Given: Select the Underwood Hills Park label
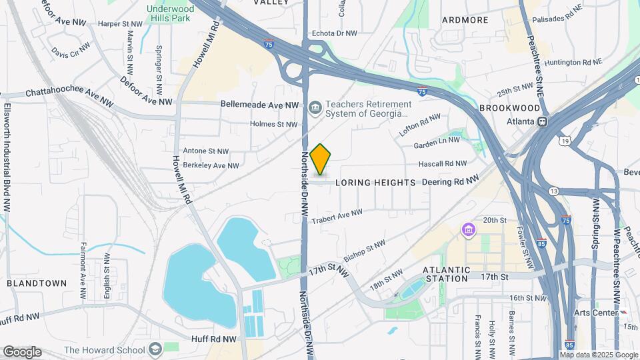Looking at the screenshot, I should coord(170,15).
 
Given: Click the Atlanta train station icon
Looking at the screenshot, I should coord(542,121).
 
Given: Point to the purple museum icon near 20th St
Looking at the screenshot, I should coord(469,231).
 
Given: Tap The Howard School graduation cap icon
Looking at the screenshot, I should coord(155,349).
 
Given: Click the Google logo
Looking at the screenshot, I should coord(21,351).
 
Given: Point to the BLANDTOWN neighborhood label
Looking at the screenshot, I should coord(37,283).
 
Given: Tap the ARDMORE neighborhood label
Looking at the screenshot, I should coord(465,20).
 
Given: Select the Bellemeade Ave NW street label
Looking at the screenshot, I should coord(260,105).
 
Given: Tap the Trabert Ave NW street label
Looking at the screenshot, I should coord(337,216).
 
